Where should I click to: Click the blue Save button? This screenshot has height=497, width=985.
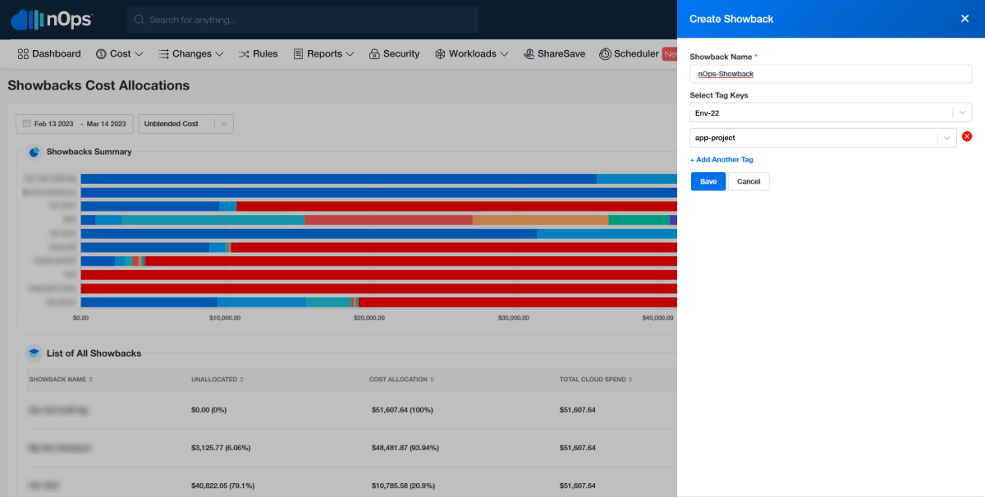(x=708, y=181)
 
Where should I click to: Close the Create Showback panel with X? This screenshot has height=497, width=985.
(x=964, y=19)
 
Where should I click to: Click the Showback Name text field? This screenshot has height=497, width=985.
(x=830, y=74)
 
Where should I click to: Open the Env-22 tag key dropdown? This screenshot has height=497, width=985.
(x=830, y=112)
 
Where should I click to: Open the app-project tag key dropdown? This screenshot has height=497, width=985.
(x=822, y=139)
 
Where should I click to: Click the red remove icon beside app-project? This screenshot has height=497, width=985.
(x=967, y=137)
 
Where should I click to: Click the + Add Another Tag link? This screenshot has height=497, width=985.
(x=722, y=160)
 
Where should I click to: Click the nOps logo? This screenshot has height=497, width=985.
(x=52, y=20)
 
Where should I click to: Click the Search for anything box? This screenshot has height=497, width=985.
(x=303, y=20)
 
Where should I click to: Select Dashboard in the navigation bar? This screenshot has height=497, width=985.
(x=49, y=54)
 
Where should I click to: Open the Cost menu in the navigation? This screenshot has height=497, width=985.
(x=120, y=54)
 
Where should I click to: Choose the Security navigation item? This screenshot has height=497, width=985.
(x=394, y=54)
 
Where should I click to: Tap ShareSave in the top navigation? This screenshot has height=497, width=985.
(x=554, y=54)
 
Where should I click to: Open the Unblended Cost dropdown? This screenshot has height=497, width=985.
(x=186, y=124)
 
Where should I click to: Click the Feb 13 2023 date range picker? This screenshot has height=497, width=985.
(x=75, y=124)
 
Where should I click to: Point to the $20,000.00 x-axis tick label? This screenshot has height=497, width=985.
(x=369, y=317)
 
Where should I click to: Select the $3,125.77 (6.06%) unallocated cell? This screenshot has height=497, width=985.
(x=220, y=448)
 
